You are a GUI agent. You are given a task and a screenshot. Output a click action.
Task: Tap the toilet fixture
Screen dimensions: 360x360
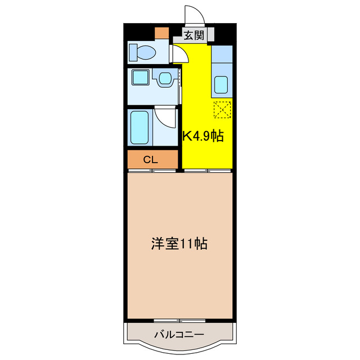pos(142,53)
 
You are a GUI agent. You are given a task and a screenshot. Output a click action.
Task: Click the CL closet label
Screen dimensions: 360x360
pos(150,159)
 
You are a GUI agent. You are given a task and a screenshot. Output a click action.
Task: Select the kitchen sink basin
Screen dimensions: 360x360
pos(220,84)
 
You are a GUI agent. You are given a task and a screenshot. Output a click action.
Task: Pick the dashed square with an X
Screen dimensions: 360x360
pos(222,109)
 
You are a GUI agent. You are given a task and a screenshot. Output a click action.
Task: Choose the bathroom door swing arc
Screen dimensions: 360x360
pos(166,116)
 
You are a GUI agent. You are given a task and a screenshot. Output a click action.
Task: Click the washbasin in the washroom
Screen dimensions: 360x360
pos(165,78)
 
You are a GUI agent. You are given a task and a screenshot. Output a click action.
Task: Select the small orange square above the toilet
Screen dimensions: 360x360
pos(162,33)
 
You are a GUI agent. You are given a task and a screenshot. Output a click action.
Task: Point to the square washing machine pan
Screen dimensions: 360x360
pos(138,78)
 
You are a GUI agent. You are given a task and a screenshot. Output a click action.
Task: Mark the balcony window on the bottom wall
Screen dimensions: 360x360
pos(179,321)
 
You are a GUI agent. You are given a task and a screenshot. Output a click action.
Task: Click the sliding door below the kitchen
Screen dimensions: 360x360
pos(207,170)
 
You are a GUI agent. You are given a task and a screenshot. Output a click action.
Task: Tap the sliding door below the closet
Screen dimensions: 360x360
pos(152,170)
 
